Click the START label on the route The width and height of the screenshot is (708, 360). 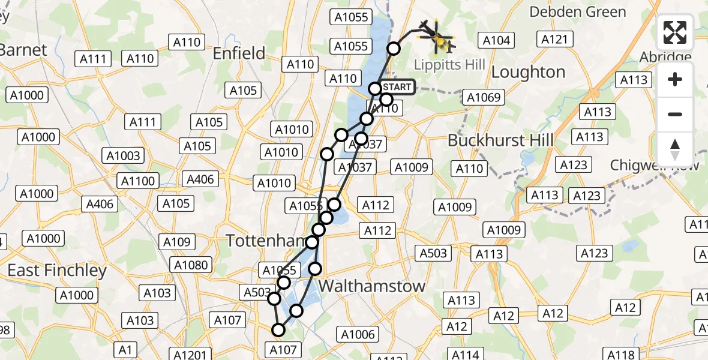coord(396,87)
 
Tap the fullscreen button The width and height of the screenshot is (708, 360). coord(675,33)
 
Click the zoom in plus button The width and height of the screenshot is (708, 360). coord(675,79)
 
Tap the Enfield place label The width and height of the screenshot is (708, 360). coord(239,53)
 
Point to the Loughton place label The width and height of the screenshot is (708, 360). coord(528,72)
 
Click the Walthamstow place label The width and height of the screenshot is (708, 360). coord(371,286)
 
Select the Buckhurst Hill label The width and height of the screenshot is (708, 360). coord(500,140)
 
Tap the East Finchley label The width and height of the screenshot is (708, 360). coord(57,271)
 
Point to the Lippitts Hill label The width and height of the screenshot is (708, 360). coord(450,64)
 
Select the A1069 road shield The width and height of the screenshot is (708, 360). coord(484,97)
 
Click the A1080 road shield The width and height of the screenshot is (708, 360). coord(191,265)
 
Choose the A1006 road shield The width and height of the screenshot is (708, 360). coord(358,335)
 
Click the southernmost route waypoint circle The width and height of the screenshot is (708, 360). coord(278,329)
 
